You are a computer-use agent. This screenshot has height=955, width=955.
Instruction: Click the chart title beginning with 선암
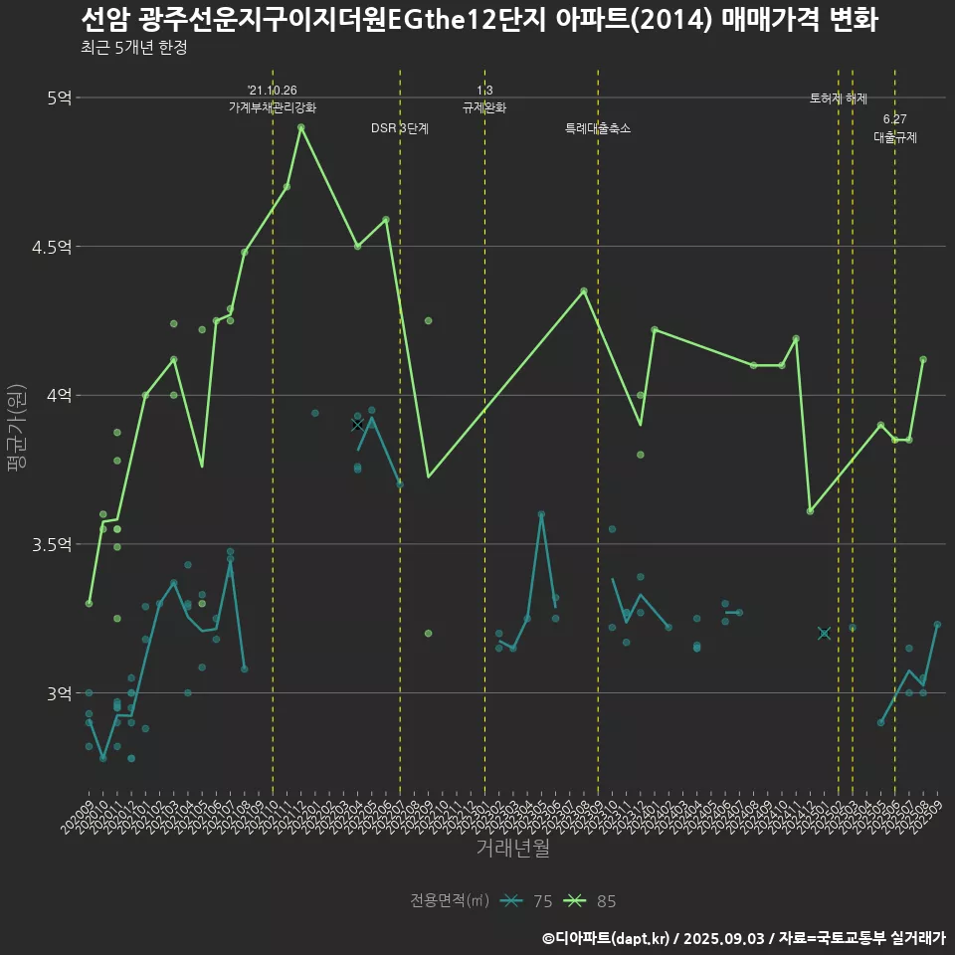click(477, 20)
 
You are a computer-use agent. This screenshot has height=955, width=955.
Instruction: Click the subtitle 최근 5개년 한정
click(133, 48)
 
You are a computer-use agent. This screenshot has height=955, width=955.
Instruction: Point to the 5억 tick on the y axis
click(59, 97)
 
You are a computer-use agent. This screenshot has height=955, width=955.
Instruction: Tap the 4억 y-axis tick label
click(59, 395)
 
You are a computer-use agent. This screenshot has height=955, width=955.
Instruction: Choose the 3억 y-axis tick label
click(59, 693)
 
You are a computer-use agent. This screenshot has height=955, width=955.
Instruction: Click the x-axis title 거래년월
click(512, 849)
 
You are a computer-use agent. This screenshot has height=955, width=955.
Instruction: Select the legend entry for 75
click(527, 901)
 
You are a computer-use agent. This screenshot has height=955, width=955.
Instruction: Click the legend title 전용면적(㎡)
click(450, 901)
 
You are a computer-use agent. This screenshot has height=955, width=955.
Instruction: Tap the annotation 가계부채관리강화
click(273, 107)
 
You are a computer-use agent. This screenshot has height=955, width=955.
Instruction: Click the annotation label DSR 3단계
click(400, 128)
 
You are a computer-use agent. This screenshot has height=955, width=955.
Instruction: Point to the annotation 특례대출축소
click(598, 128)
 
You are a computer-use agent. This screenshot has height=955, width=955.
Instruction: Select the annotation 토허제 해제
click(839, 98)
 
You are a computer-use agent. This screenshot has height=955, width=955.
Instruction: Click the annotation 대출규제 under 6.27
click(895, 137)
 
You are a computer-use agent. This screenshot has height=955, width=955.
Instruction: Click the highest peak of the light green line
click(300, 127)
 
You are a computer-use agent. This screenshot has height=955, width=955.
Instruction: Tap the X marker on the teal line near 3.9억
click(358, 425)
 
